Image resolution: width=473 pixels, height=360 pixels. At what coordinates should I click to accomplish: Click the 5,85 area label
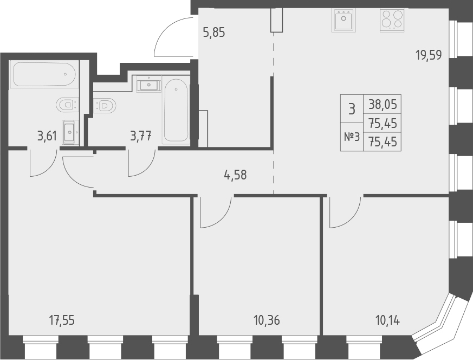pyautogui.click(x=213, y=33)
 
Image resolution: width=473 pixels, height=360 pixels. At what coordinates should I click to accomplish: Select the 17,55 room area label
pyautogui.click(x=61, y=320)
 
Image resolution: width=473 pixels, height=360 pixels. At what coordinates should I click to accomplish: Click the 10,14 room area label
pyautogui.click(x=387, y=320)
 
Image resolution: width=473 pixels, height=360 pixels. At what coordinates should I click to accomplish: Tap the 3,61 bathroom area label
pyautogui.click(x=48, y=136)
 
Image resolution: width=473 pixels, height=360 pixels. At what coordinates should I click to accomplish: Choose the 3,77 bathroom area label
pyautogui.click(x=140, y=136)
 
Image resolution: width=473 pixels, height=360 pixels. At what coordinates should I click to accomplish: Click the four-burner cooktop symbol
pyautogui.click(x=392, y=21)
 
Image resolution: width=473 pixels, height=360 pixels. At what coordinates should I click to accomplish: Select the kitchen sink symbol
pyautogui.click(x=343, y=21)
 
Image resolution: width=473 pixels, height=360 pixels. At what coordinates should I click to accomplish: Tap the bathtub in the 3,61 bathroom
pyautogui.click(x=44, y=74)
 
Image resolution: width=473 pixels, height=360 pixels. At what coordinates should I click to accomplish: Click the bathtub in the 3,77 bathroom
pyautogui.click(x=176, y=111)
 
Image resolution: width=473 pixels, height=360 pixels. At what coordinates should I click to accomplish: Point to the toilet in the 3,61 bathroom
pyautogui.click(x=68, y=104)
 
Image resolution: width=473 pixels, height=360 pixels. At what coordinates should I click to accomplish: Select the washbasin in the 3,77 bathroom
pyautogui.click(x=148, y=85)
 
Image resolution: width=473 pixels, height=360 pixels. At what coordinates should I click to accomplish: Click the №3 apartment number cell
pyautogui.click(x=352, y=137)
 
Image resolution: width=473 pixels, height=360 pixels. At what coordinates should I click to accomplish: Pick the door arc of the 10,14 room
pyautogui.click(x=344, y=214)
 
